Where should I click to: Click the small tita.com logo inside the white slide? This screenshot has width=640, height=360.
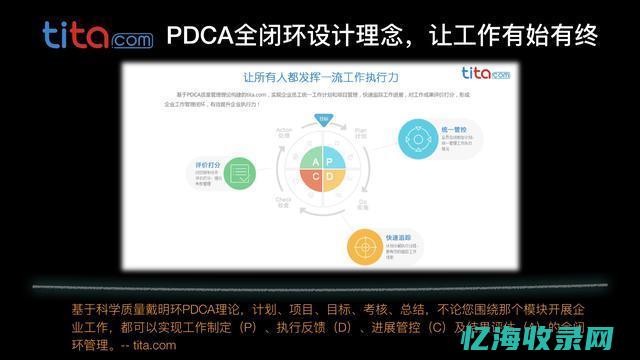483,73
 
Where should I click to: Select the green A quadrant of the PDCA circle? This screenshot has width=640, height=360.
314,162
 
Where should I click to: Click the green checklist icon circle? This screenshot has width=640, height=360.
236,174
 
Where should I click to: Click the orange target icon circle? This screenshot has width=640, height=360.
365,244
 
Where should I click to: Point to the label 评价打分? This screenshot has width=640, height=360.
205,163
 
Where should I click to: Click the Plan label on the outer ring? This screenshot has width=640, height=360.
363,131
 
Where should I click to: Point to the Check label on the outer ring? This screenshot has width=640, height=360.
283,201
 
